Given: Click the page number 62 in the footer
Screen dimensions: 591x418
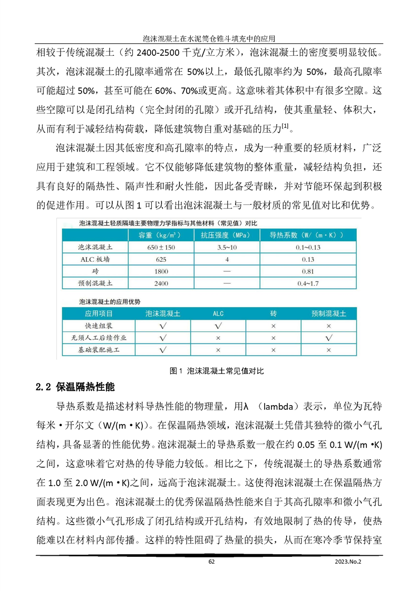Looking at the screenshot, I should click(x=211, y=562).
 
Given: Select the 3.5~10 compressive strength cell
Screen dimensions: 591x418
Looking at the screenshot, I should click(x=227, y=247).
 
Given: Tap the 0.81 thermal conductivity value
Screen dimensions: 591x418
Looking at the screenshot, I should click(x=308, y=271).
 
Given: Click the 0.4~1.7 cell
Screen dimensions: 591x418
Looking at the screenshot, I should click(x=308, y=283).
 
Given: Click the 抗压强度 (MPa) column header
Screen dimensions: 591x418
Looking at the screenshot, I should click(x=227, y=234).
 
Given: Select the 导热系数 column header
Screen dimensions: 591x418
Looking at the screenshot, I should click(x=308, y=234).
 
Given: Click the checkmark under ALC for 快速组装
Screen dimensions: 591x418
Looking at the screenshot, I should click(x=218, y=326).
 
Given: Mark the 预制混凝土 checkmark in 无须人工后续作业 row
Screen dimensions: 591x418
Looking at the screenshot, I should click(x=328, y=338).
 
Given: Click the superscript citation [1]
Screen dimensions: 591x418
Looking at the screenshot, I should click(x=285, y=124).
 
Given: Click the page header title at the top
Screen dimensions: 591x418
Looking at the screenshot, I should click(x=209, y=39).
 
